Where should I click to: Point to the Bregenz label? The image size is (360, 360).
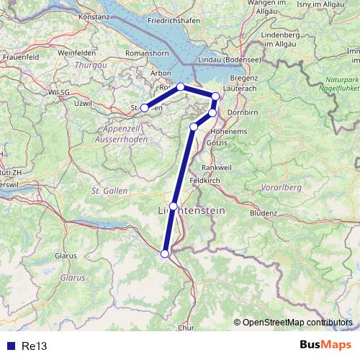pos(243,77)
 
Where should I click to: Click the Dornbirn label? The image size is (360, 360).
pos(244,114)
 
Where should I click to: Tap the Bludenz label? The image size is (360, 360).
pos(264,213)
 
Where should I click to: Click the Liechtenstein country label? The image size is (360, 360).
pos(191,210)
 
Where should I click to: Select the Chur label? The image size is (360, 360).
pos(186,328)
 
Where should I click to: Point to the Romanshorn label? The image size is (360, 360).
pos(146,53)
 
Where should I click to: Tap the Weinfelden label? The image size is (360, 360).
pos(77,53)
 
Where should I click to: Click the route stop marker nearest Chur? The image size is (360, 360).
pos(165,253)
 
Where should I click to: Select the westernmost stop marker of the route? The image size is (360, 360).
pos(145,108)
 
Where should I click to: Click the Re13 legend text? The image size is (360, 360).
pos(34,346)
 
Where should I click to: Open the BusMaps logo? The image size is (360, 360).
pos(325,345)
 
